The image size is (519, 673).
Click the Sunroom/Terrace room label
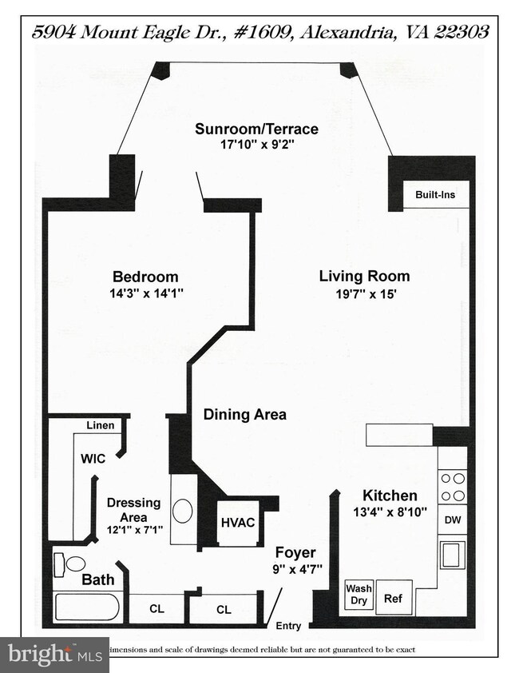coord(258,129)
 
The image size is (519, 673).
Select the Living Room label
coord(364,277)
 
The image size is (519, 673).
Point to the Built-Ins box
coord(435,194)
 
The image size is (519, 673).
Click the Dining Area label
coord(244,415)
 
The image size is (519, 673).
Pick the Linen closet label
coord(101,425)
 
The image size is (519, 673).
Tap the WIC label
coord(93,460)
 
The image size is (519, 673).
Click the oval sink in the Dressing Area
coord(183,512)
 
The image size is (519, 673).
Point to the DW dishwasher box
coord(452,520)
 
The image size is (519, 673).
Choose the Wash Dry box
coord(359,595)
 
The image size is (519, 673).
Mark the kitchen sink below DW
coord(452,552)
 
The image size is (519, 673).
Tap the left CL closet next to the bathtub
coord(156,609)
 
